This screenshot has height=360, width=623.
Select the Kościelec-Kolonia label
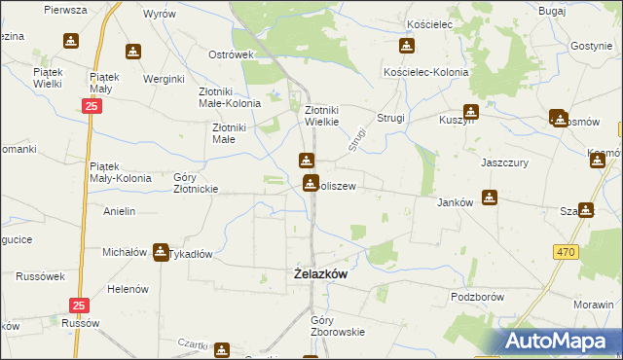point(426,73)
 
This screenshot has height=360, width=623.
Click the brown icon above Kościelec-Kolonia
point(406,47)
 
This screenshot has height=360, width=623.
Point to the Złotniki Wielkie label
point(322,117)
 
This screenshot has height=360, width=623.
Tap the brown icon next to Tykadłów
point(160,252)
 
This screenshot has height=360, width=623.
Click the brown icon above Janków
point(490,197)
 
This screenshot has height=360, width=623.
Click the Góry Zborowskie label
point(337,326)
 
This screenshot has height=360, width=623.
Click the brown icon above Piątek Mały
point(133,52)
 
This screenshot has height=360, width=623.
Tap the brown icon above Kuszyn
point(470,112)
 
